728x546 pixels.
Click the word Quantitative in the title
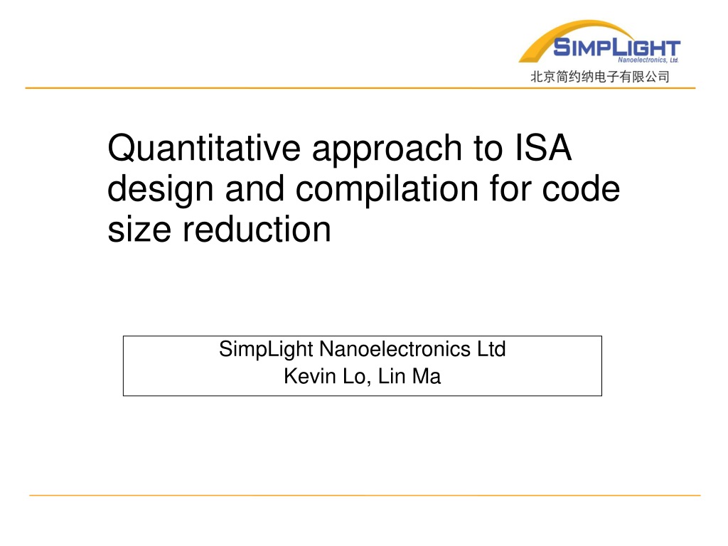[204, 149]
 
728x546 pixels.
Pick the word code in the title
[581, 188]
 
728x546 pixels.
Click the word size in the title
[139, 230]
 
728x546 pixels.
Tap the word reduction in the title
[257, 230]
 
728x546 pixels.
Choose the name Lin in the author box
[392, 376]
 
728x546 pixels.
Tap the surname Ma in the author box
[427, 376]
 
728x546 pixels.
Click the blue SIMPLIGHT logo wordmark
[616, 48]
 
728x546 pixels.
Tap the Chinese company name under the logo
[599, 77]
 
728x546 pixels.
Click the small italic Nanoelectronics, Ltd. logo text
[648, 60]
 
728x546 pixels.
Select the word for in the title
[510, 188]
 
